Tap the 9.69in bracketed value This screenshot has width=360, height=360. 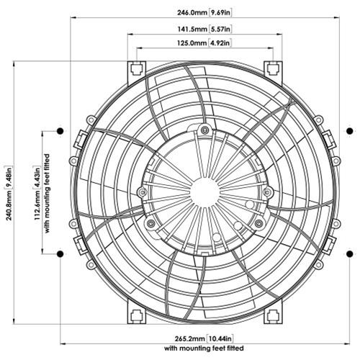[x=220, y=12]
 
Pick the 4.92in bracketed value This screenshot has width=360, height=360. [x=219, y=43]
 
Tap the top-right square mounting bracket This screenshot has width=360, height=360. [x=273, y=69]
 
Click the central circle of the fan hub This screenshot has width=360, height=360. [x=204, y=191]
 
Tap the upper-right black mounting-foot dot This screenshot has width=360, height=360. [x=350, y=131]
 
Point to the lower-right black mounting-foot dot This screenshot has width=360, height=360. [x=350, y=253]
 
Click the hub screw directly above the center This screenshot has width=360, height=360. [x=205, y=130]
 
